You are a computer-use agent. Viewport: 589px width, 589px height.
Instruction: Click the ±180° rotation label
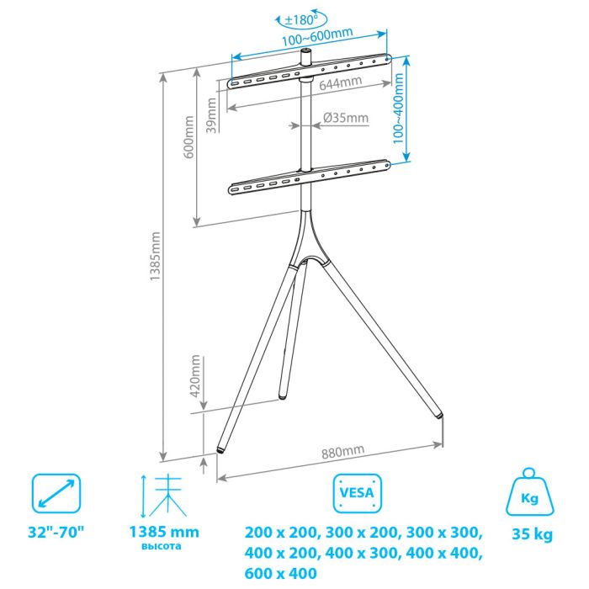point(301,19)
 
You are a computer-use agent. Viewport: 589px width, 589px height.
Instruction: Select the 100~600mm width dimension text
point(317,36)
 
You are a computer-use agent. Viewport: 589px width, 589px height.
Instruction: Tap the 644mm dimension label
point(341,83)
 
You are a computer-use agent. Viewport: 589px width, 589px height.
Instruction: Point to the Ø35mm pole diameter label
point(346,118)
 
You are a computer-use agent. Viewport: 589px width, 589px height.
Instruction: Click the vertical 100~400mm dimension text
point(398,109)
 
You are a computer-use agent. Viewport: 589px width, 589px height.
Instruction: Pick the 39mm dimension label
point(211,115)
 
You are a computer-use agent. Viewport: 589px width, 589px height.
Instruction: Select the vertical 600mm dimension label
point(189,137)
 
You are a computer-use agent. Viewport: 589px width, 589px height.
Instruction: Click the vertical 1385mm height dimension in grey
point(155,256)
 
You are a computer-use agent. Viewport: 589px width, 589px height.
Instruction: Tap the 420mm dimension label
point(195,376)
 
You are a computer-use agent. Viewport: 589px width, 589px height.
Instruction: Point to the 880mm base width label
point(343,452)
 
